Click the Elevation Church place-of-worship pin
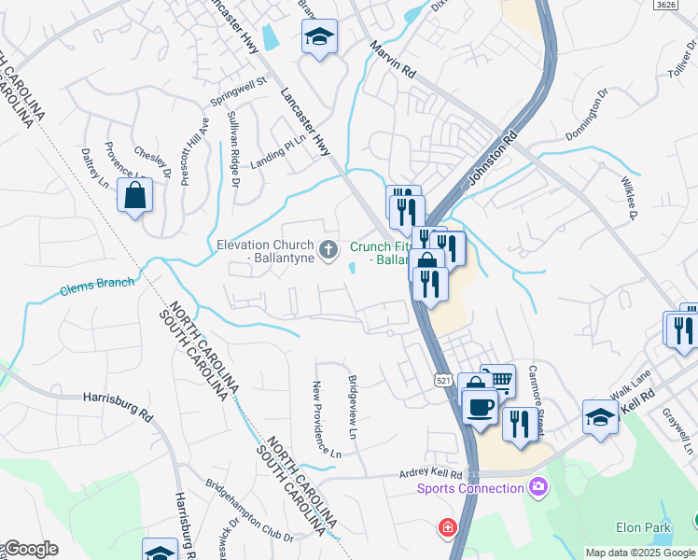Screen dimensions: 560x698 (328, 249)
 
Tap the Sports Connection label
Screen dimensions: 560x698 (470, 488)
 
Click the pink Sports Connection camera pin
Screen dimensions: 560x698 (537, 486)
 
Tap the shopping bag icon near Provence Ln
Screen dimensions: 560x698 (135, 196)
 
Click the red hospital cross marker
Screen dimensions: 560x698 (449, 528)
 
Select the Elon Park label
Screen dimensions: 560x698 (644, 527)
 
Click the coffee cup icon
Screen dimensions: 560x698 (480, 407)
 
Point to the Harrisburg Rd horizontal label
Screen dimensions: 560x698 (117, 396)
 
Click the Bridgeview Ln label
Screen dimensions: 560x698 (353, 407)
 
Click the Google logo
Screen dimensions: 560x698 (30, 549)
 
